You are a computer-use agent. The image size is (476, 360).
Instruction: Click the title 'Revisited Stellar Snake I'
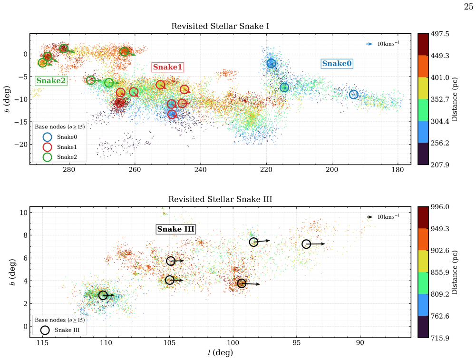pyautogui.click(x=220, y=26)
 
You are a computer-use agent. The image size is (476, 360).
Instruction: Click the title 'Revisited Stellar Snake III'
pyautogui.click(x=220, y=199)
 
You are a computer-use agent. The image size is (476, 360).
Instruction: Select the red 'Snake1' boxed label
pyautogui.click(x=167, y=67)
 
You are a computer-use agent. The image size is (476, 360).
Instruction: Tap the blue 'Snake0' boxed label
pyautogui.click(x=337, y=63)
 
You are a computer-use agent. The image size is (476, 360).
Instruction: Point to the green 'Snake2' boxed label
pyautogui.click(x=51, y=80)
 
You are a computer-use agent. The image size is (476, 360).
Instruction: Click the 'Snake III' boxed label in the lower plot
pyautogui.click(x=176, y=229)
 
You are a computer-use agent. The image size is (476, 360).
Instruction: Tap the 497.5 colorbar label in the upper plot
pyautogui.click(x=440, y=34)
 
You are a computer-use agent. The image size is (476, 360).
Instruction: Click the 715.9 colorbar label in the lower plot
pyautogui.click(x=440, y=338)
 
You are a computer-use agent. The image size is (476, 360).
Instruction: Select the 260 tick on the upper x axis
pyautogui.click(x=135, y=169)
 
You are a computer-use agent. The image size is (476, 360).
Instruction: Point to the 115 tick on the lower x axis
pyautogui.click(x=42, y=342)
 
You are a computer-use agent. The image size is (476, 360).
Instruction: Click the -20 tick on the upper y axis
pyautogui.click(x=20, y=145)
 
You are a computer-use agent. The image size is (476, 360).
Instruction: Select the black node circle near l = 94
pyautogui.click(x=302, y=244)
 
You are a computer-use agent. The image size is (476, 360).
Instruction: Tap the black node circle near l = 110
pyautogui.click(x=98, y=295)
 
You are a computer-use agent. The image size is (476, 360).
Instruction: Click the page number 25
pyautogui.click(x=468, y=7)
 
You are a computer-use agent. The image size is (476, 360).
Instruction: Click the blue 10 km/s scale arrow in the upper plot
pyautogui.click(x=369, y=44)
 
